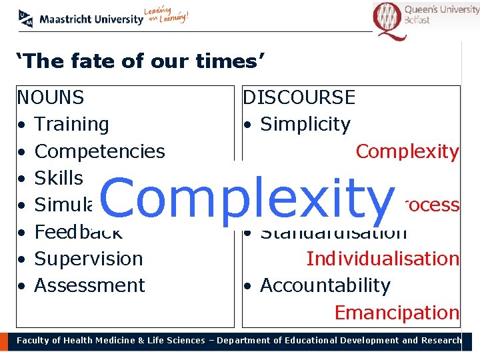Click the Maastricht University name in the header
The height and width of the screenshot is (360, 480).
tap(91, 19)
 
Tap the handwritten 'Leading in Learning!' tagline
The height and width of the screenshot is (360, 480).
tap(167, 16)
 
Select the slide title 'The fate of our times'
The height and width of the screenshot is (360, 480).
tap(141, 62)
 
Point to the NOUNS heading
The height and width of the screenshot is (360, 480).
tap(51, 98)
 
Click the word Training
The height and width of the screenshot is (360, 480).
tap(71, 125)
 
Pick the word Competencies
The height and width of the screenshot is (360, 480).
tap(99, 151)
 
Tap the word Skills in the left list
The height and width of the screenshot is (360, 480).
tap(59, 178)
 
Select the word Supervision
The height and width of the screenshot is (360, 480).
tap(88, 259)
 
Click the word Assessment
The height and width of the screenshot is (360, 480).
tap(89, 285)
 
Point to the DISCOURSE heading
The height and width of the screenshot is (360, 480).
tap(299, 98)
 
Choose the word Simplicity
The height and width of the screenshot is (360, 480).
tap(305, 125)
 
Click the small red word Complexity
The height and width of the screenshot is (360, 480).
tap(407, 151)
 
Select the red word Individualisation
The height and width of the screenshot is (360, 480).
tap(382, 259)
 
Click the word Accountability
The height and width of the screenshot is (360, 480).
tap(325, 285)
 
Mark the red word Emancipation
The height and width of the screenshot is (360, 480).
tap(396, 312)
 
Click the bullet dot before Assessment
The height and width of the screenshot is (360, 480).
tap(22, 287)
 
